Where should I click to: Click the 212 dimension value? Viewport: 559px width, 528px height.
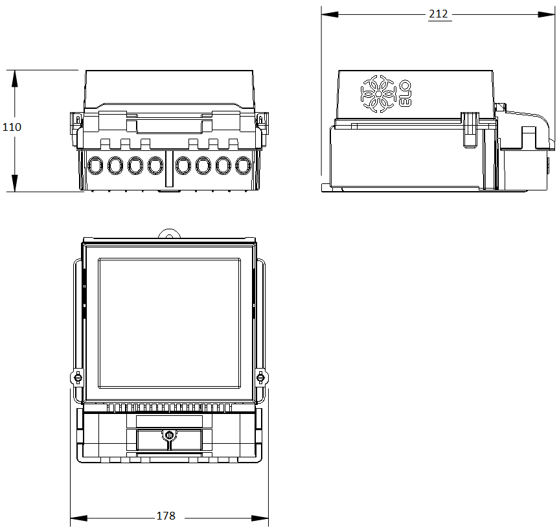(x=438, y=14)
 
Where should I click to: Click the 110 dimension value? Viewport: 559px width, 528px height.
(x=12, y=127)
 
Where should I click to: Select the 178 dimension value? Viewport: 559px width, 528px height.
(x=166, y=516)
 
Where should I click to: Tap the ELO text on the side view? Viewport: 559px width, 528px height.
(x=405, y=93)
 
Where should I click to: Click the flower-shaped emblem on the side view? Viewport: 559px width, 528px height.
(x=378, y=93)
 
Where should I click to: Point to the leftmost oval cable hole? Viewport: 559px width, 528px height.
(x=95, y=166)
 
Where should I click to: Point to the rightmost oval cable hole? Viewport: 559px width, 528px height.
(x=243, y=166)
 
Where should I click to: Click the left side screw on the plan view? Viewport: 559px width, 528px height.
(x=78, y=377)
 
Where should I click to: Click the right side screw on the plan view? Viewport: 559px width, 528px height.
(x=260, y=377)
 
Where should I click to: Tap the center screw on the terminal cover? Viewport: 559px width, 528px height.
(x=169, y=435)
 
